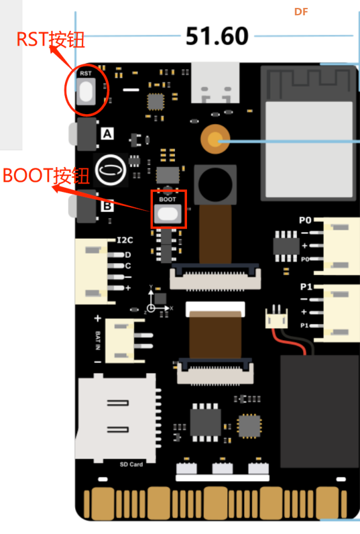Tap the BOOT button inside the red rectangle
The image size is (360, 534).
tap(168, 214)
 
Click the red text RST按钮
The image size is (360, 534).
tap(50, 39)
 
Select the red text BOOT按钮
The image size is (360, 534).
tap(46, 176)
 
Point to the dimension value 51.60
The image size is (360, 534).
tap(217, 36)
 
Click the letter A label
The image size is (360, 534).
tap(107, 134)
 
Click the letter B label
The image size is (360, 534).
tap(107, 206)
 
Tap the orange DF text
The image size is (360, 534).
tap(301, 12)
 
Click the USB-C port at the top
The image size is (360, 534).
tap(216, 83)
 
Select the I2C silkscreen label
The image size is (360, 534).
tap(125, 240)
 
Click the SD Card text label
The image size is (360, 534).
tap(131, 464)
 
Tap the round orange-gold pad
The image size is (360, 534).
tap(215, 139)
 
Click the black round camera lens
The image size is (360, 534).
tap(215, 185)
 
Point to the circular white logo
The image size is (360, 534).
tap(110, 170)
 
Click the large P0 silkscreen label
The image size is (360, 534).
tap(305, 221)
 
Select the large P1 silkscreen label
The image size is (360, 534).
tap(306, 287)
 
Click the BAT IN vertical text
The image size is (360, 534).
tap(98, 340)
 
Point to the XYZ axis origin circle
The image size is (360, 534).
tap(151, 308)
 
